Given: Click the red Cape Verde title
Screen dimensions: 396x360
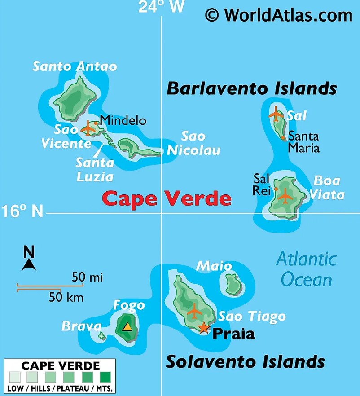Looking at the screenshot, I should click(167, 198).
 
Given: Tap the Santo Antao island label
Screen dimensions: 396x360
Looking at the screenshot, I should click(75, 66).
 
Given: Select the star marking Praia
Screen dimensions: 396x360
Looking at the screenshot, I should click(204, 328).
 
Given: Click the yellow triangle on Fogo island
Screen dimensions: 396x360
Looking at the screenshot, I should click(127, 326).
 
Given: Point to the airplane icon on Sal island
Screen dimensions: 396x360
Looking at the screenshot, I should click(276, 115).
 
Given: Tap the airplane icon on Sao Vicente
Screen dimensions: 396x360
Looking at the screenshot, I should click(88, 129).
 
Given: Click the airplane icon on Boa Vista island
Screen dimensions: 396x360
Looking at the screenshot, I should click(285, 196).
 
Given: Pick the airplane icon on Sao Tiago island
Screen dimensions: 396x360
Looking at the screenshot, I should click(194, 310).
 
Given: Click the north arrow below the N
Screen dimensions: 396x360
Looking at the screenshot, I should click(29, 265).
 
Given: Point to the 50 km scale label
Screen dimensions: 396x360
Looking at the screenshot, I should click(66, 297).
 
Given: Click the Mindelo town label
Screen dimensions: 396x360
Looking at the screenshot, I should click(123, 120).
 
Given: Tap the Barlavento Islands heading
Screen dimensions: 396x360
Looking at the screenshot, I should click(252, 88).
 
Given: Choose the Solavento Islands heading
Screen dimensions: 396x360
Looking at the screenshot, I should click(246, 361).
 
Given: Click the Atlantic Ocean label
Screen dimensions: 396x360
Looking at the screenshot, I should click(306, 269).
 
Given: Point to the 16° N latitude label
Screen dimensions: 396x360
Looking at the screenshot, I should click(22, 211).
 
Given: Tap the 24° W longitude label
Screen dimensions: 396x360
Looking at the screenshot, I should click(161, 7).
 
